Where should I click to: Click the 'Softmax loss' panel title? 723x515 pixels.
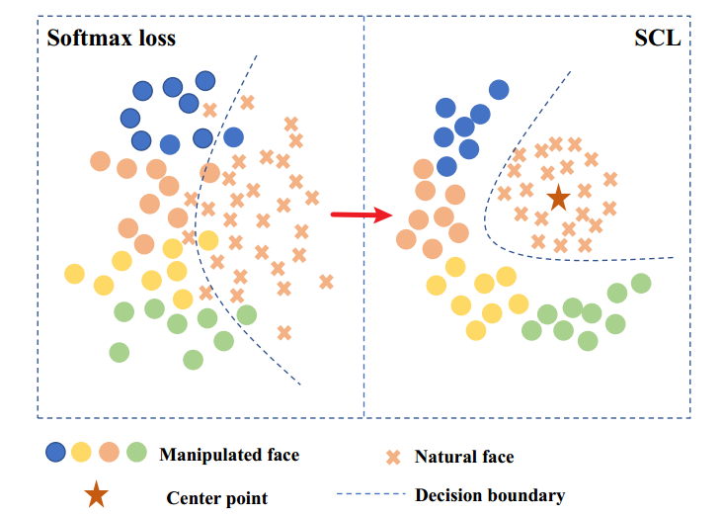pos(111,39)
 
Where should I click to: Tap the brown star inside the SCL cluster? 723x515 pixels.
pos(558,198)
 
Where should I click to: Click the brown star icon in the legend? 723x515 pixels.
pos(96,495)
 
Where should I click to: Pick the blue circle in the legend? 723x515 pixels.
pos(56,454)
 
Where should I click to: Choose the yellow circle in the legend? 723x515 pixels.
pos(82,454)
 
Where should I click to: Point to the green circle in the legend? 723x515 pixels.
pos(136,454)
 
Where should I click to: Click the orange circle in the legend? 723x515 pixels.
pos(110,454)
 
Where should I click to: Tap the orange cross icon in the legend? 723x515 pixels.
pos(393,457)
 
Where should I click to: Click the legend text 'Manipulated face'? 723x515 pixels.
pos(228,455)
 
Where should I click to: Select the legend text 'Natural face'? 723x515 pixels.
pos(463,457)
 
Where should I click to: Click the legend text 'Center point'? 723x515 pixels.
pos(216,497)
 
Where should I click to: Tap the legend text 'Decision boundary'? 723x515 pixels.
pos(490,495)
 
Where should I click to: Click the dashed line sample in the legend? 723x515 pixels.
pos(371,495)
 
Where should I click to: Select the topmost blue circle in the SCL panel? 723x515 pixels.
pos(499,89)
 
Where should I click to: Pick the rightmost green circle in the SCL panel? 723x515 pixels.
pos(641,284)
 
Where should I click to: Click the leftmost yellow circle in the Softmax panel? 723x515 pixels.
pos(74,273)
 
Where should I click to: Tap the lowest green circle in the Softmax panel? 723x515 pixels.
pos(194,359)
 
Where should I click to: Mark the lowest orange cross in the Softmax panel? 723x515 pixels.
pos(284,333)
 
